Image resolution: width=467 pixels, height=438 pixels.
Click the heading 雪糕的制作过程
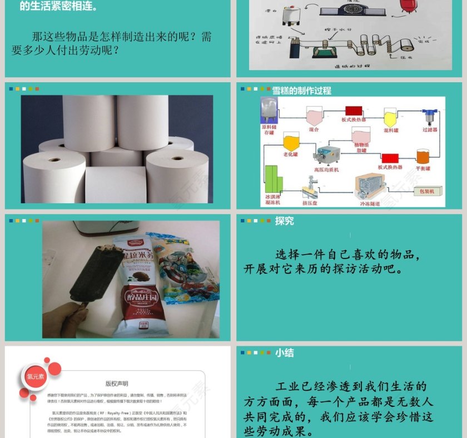[301, 91]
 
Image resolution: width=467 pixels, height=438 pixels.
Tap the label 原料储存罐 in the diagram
[269, 130]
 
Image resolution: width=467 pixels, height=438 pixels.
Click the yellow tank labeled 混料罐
[391, 118]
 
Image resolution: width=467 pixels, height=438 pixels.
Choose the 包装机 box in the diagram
[430, 191]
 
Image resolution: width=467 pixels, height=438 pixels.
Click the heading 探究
[284, 221]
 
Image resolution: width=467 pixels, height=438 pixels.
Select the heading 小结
[284, 353]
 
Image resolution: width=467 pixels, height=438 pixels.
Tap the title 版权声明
[117, 384]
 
